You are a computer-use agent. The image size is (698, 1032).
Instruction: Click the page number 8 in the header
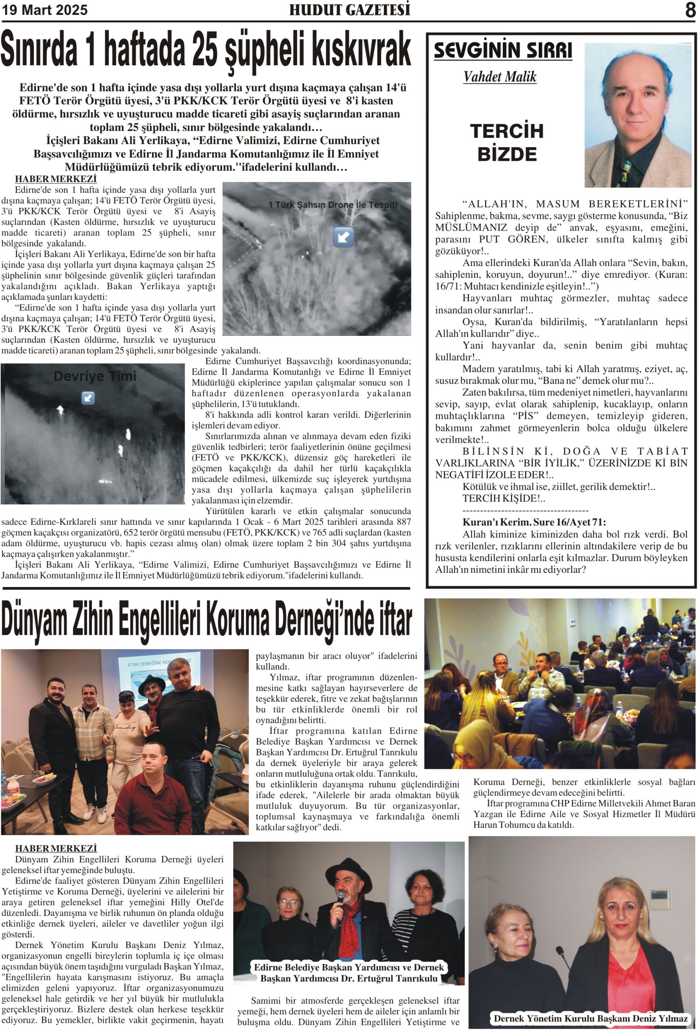[690, 10]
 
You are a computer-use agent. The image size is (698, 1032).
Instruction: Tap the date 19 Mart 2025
[44, 10]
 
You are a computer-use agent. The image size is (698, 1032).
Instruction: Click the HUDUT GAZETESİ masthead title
[349, 10]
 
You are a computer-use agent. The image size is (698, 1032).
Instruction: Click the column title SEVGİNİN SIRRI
[502, 50]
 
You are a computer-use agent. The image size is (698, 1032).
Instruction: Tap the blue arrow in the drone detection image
[344, 236]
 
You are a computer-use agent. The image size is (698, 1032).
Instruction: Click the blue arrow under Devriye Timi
[88, 397]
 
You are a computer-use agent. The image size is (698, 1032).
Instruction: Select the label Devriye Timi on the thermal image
[95, 376]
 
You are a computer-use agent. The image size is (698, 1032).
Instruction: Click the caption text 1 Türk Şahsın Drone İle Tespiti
[333, 205]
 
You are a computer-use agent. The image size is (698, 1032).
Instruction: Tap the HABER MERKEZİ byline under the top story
[56, 179]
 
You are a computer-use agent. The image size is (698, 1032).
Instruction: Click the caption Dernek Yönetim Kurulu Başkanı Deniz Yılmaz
[590, 1018]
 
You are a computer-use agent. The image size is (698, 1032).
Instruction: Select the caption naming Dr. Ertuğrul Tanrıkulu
[349, 972]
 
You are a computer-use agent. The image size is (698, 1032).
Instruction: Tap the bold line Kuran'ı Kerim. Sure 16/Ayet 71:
[534, 522]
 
